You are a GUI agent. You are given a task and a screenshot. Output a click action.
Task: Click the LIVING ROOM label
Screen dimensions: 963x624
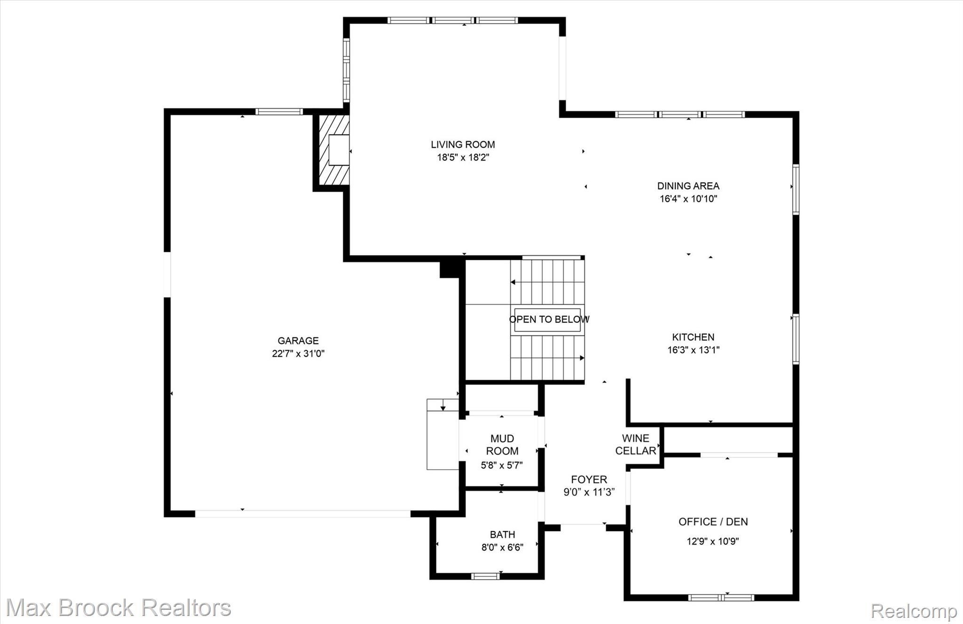(x=463, y=144)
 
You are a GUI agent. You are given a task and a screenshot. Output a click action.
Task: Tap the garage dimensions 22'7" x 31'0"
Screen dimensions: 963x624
(x=298, y=353)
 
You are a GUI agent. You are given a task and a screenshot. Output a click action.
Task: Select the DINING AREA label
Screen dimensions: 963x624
(x=688, y=186)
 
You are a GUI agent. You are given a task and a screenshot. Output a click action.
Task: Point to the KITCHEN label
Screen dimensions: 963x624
(x=693, y=337)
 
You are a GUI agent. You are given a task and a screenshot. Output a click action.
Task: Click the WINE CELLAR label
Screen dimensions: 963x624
(x=636, y=445)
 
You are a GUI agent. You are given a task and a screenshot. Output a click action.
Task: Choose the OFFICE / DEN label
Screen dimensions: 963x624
(x=713, y=521)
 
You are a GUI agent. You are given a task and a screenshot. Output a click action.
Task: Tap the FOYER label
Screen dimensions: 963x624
(x=589, y=480)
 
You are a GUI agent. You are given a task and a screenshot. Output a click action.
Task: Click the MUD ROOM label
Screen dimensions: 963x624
(x=502, y=445)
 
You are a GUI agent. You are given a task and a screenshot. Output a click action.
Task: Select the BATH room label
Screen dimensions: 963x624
(x=502, y=535)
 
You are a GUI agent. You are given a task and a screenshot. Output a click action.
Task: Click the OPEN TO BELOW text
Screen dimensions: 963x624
(x=549, y=319)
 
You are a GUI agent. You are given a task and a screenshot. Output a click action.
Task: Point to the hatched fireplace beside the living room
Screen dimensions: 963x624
(x=334, y=150)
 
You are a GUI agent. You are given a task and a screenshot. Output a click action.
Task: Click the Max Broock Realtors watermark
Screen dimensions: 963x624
(x=118, y=608)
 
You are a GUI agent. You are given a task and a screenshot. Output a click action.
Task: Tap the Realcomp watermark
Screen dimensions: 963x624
(x=914, y=611)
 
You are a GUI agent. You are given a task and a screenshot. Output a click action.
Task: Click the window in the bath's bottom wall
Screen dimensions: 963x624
(x=485, y=576)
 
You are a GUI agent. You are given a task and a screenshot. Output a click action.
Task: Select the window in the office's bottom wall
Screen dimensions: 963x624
(x=721, y=598)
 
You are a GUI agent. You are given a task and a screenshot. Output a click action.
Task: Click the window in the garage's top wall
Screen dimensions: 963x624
(x=279, y=112)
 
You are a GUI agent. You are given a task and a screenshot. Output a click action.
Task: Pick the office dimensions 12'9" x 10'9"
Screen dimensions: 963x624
(x=713, y=541)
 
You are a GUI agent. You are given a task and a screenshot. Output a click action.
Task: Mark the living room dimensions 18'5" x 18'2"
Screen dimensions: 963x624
(x=463, y=158)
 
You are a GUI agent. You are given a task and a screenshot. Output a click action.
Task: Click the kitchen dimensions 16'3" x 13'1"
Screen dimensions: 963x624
(x=693, y=350)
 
